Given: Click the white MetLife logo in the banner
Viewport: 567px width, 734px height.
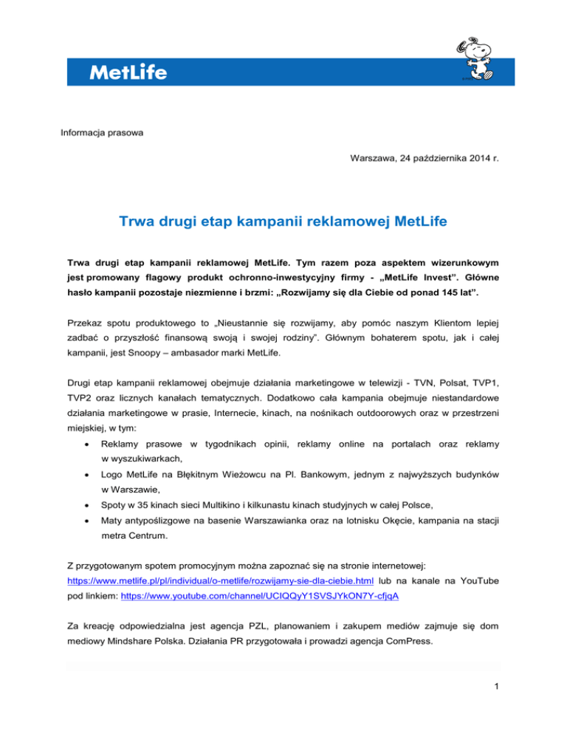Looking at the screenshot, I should click(128, 72).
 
